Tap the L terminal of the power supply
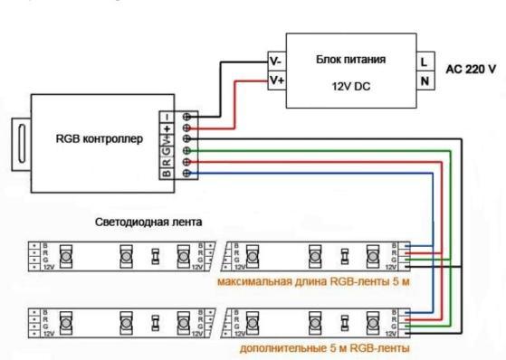coord(423,62)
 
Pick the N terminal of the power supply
coord(423,80)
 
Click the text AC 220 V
coord(470,69)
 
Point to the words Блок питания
coord(350,60)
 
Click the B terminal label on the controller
coord(167,173)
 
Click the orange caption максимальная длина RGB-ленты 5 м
coord(312,281)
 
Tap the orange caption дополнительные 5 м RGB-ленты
coord(325,346)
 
